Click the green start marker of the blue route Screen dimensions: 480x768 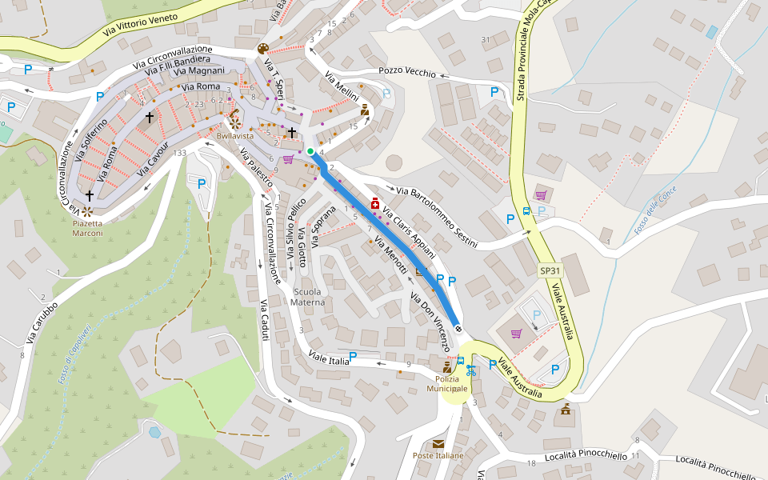[310, 151]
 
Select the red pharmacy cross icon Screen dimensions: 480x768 [374, 205]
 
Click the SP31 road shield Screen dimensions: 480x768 [550, 271]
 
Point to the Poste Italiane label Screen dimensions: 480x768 [438, 455]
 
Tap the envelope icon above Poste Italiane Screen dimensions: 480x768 [438, 443]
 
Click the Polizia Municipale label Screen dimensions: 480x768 [446, 383]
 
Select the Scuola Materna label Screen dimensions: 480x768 [308, 297]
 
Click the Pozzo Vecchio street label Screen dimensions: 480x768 [407, 72]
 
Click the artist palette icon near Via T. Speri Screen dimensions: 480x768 [263, 50]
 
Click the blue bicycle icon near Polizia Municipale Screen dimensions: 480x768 [471, 370]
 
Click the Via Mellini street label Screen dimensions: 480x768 [342, 90]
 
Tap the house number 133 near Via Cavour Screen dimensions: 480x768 [179, 153]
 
